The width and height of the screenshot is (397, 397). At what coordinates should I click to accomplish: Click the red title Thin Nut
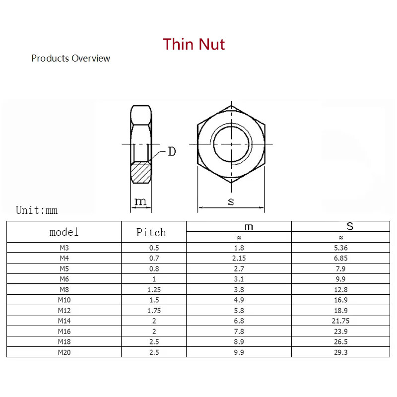(194, 44)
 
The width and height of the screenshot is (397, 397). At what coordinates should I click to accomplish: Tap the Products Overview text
(70, 59)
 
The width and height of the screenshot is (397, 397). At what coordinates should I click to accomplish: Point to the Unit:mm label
(37, 210)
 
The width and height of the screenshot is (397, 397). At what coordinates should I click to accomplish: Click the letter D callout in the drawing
(171, 151)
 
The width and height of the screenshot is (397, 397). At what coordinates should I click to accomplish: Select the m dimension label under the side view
(141, 201)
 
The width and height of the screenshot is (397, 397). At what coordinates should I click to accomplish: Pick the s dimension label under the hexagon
(231, 201)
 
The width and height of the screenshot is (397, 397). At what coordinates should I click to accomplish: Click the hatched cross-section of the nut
(141, 173)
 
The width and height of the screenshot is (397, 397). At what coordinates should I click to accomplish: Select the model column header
(64, 232)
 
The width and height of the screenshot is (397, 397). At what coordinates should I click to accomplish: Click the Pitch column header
(151, 232)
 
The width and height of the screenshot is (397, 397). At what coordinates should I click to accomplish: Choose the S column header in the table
(350, 226)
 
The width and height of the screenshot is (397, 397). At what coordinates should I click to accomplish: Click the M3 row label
(64, 247)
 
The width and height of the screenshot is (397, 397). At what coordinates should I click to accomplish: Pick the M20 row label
(64, 352)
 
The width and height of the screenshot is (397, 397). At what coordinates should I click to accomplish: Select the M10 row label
(64, 300)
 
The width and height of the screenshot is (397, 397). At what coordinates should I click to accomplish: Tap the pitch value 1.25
(154, 289)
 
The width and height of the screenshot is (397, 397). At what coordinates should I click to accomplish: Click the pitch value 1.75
(154, 310)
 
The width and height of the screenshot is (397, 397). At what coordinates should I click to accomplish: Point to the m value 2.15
(239, 258)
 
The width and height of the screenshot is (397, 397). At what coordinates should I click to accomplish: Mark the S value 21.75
(340, 321)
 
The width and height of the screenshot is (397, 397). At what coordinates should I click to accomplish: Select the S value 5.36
(340, 247)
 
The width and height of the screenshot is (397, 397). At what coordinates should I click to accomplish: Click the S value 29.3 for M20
(340, 352)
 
